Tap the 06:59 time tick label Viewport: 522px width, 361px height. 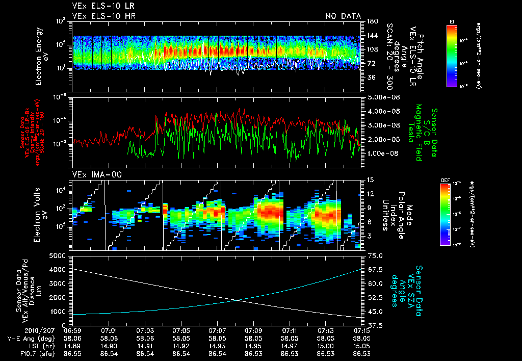pos(72,331)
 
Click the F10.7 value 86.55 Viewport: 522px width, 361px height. pos(72,353)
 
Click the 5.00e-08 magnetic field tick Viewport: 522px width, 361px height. pos(382,97)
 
